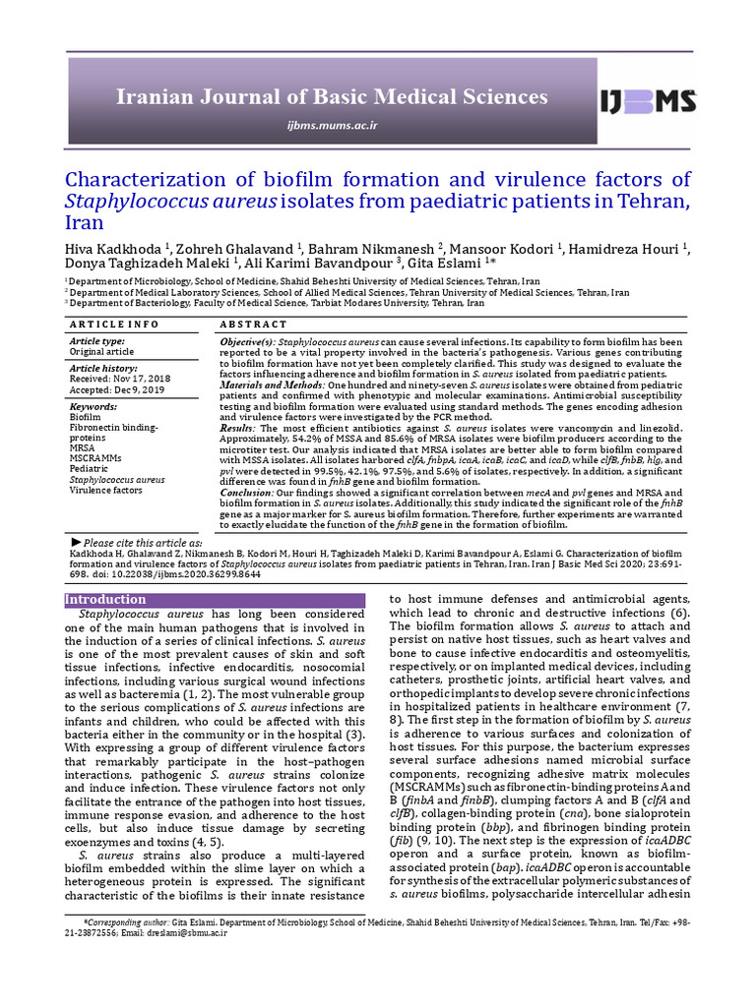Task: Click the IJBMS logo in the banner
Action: tap(649, 99)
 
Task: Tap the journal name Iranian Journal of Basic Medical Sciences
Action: tap(332, 96)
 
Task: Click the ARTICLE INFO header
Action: tap(114, 324)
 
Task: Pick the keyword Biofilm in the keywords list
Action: tap(85, 417)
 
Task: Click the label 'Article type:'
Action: tap(96, 340)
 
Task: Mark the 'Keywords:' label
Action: tap(94, 406)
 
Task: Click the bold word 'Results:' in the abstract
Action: tap(237, 428)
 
